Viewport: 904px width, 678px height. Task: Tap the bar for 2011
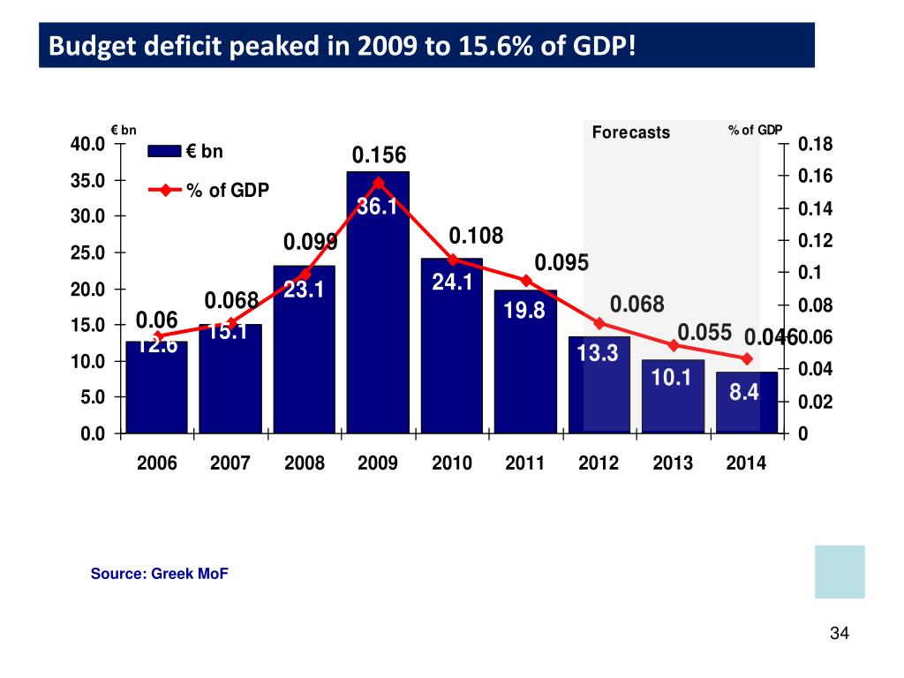click(x=525, y=361)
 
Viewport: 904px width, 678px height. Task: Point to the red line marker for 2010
click(x=452, y=260)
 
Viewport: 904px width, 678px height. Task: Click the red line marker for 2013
click(x=673, y=345)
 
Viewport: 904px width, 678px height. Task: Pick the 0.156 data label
click(x=379, y=156)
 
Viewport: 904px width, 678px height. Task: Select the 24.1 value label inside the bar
click(x=452, y=282)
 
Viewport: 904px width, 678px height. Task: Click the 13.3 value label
click(x=598, y=353)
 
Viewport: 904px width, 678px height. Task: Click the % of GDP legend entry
click(x=228, y=190)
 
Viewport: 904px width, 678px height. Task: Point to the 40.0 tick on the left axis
click(x=88, y=144)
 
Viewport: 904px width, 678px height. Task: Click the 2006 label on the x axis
click(x=156, y=463)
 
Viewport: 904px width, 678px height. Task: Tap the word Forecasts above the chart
click(x=630, y=133)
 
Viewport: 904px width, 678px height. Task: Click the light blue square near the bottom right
click(x=840, y=571)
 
